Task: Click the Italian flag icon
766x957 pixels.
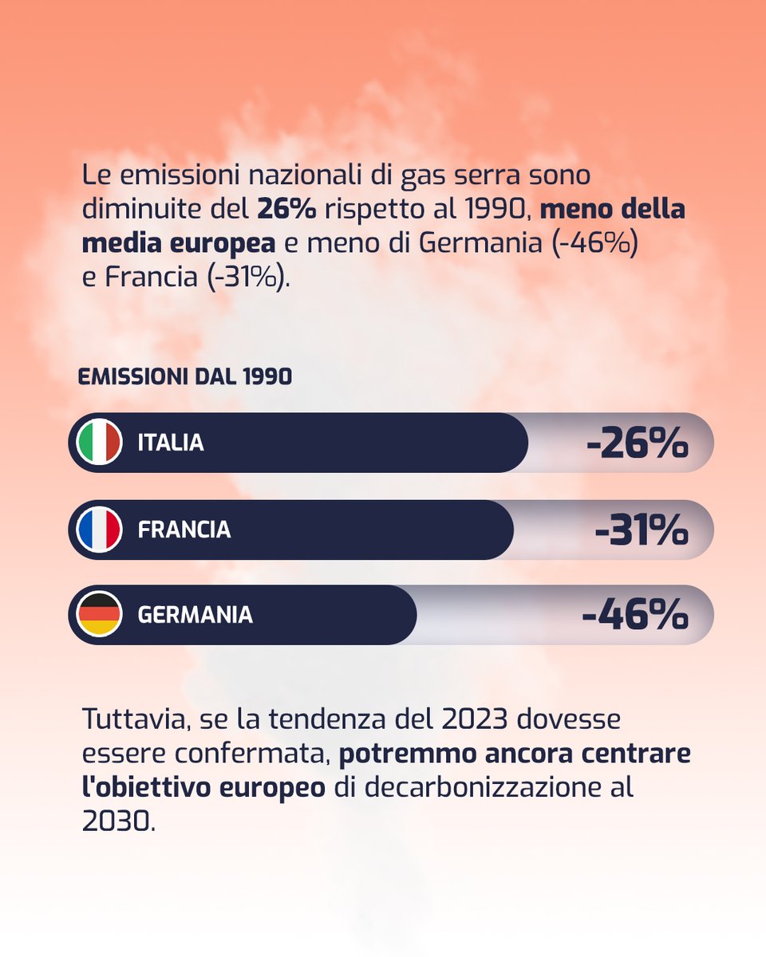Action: pyautogui.click(x=99, y=443)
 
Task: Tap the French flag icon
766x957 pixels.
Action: pyautogui.click(x=99, y=530)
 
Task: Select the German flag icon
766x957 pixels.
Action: pyautogui.click(x=99, y=615)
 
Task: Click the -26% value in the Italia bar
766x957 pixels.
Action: pyautogui.click(x=636, y=443)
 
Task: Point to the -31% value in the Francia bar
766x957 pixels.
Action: pyautogui.click(x=641, y=530)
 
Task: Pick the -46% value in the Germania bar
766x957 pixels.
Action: pyautogui.click(x=634, y=615)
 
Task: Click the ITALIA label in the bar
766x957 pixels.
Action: pyautogui.click(x=171, y=443)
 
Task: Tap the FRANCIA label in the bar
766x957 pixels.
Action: pyautogui.click(x=184, y=530)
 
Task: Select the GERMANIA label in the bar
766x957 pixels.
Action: pyautogui.click(x=195, y=615)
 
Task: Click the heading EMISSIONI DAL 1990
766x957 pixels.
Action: pyautogui.click(x=184, y=377)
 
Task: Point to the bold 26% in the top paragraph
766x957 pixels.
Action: pyautogui.click(x=286, y=210)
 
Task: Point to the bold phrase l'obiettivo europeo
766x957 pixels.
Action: pyautogui.click(x=203, y=788)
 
